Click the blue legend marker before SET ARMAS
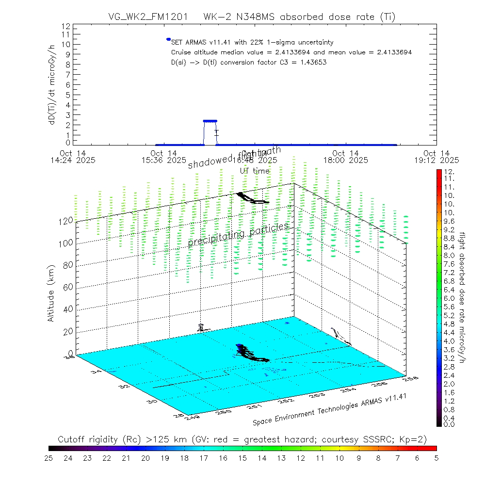tap(168, 39)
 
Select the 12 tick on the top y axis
tap(67, 26)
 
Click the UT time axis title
tap(255, 171)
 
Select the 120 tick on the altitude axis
tap(66, 220)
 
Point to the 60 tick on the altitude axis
tap(68, 287)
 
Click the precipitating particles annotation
tap(238, 235)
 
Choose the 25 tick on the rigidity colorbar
tap(48, 457)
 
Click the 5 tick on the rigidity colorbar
tap(436, 457)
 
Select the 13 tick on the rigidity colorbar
tap(281, 457)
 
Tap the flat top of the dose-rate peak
tap(210, 121)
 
